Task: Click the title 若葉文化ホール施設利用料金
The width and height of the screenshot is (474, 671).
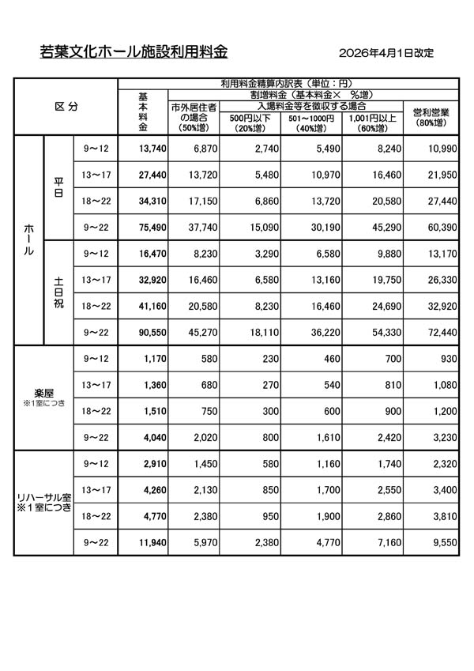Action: click(x=134, y=53)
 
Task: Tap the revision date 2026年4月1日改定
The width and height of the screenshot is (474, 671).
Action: click(x=386, y=54)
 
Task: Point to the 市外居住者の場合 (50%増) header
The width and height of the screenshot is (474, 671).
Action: click(x=194, y=117)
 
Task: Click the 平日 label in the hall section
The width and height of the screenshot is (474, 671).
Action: click(x=59, y=187)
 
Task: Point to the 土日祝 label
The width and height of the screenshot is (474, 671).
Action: click(x=59, y=292)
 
